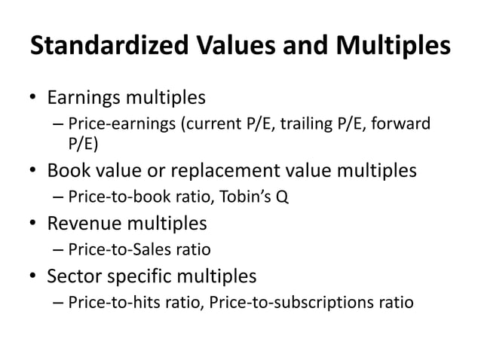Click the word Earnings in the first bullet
[83, 99]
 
